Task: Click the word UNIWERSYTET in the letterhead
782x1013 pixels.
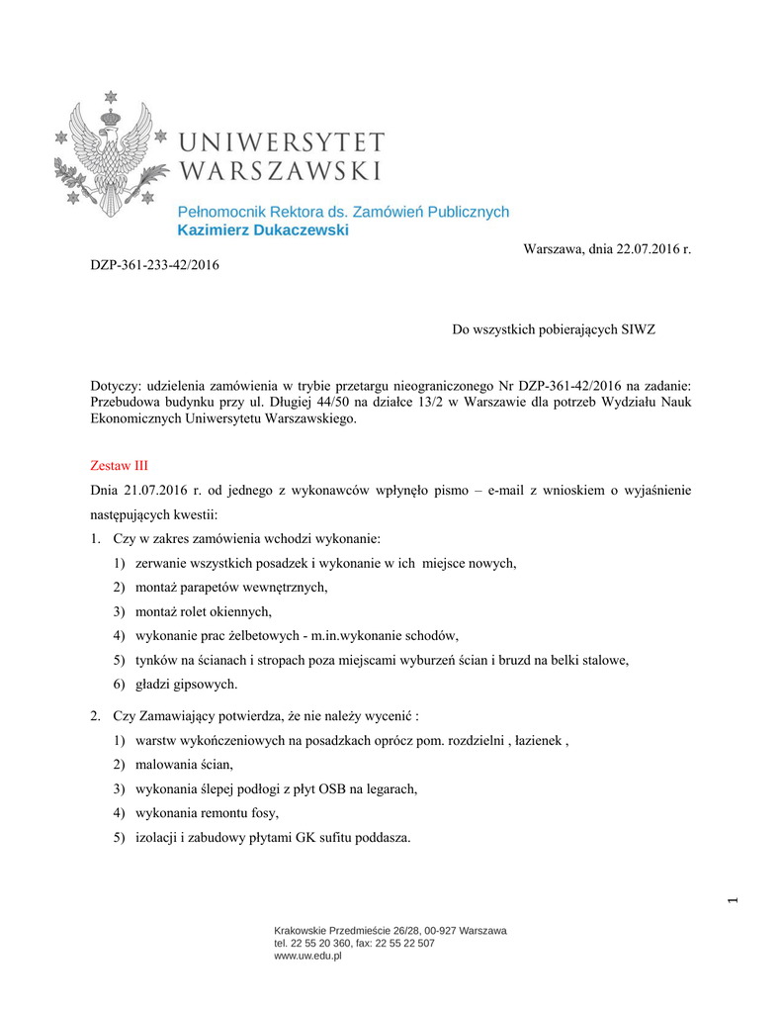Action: (x=282, y=142)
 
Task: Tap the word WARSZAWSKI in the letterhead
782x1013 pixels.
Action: (x=282, y=171)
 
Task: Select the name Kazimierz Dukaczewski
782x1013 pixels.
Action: (x=263, y=230)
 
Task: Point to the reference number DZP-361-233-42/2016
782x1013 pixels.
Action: (x=155, y=265)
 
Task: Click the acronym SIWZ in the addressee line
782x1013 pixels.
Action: (x=635, y=328)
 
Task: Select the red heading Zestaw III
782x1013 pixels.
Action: (x=119, y=464)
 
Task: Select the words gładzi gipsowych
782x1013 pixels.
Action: (x=186, y=684)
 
